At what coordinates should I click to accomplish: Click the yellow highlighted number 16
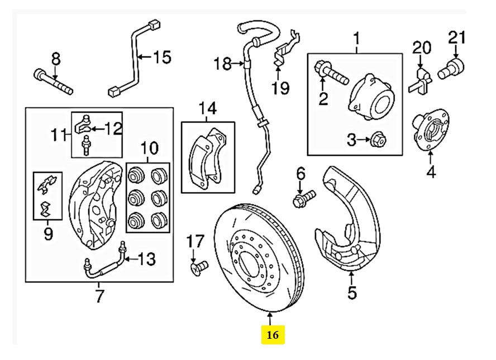point(273,335)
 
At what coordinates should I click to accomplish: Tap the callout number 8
point(55,58)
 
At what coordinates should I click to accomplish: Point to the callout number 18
point(222,64)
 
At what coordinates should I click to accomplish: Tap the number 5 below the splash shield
point(351,292)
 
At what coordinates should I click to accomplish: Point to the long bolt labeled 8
point(53,81)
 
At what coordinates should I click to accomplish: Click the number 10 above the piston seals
point(149,148)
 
